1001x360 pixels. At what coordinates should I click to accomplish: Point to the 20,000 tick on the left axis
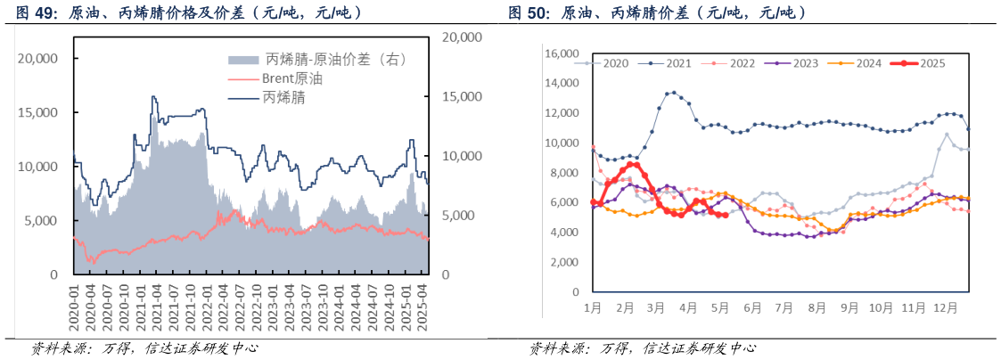tap(38, 58)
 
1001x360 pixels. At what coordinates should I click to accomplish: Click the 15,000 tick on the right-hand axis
tap(463, 96)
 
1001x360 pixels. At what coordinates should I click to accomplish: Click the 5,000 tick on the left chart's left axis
tap(42, 221)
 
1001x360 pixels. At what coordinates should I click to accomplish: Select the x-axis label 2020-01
tap(75, 308)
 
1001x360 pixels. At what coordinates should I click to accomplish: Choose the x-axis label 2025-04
tap(424, 308)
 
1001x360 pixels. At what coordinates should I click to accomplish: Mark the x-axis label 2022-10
tap(258, 308)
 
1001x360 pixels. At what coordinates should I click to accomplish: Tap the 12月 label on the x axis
tap(946, 307)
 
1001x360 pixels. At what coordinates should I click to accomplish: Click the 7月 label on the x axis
tap(785, 307)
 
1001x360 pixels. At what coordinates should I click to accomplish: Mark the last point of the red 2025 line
tap(726, 215)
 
